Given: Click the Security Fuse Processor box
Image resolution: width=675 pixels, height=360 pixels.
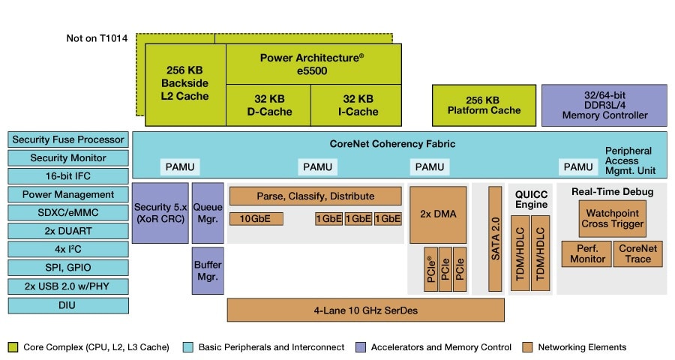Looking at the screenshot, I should pos(67,140).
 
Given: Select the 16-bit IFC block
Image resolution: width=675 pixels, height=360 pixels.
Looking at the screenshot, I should pos(67,176).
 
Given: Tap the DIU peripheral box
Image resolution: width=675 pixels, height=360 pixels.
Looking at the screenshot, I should pos(67,305).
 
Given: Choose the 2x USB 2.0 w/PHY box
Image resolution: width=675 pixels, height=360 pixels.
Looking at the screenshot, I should pos(67,286).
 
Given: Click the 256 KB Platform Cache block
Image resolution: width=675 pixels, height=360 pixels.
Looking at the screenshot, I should pos(484,105).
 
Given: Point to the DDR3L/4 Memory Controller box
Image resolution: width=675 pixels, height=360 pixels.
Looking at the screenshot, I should pos(604,105).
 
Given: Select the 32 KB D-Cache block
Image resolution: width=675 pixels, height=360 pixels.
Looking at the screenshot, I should pos(268,105).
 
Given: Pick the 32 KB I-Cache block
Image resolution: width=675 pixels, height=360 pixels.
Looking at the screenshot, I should pos(356,105).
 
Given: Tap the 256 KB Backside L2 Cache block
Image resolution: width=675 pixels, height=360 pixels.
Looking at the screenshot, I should pos(184,84).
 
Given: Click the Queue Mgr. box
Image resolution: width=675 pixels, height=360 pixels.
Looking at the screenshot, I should pos(208,213).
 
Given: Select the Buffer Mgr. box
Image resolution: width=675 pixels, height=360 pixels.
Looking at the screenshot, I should pos(208,271).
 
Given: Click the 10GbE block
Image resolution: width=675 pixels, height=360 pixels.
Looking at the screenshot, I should pos(255,219).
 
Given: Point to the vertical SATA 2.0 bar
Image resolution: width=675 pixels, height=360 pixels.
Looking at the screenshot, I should pos(494,238).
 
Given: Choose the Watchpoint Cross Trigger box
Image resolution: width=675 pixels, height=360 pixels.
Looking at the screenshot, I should pos(611,218).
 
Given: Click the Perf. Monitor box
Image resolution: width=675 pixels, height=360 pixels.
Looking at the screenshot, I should pos(586,253).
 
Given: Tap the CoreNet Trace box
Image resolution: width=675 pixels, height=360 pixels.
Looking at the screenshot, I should pos(638,253).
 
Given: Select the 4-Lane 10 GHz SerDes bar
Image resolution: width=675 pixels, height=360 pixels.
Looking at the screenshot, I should pos(365,310).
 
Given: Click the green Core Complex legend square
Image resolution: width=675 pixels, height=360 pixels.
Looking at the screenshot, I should pos(13,347).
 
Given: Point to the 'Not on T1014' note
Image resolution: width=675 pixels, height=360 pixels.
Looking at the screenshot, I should pos(97,38).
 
